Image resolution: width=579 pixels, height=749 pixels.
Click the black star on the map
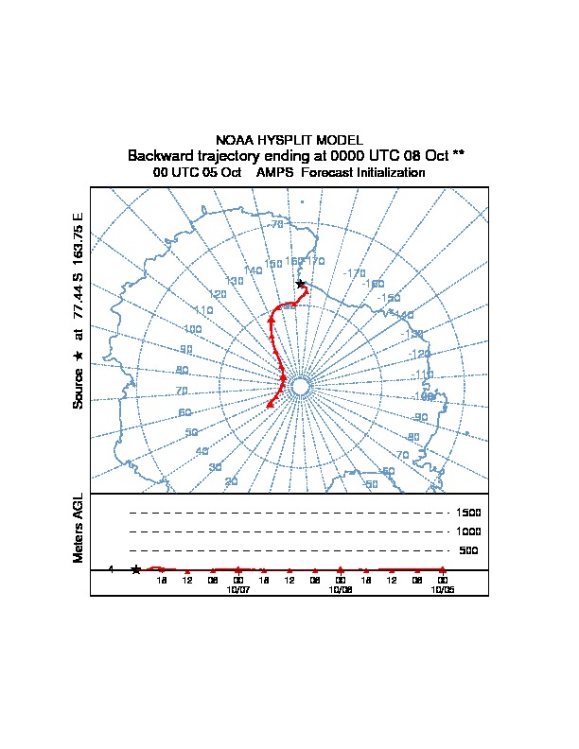pyautogui.click(x=301, y=284)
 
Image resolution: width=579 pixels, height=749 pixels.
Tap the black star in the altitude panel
pyautogui.click(x=136, y=569)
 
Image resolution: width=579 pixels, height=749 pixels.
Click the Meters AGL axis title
pyautogui.click(x=79, y=528)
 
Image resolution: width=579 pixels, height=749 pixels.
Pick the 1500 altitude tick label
pyautogui.click(x=469, y=513)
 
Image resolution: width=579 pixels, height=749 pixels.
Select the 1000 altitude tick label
pyautogui.click(x=469, y=531)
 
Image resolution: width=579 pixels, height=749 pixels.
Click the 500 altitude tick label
pyautogui.click(x=469, y=550)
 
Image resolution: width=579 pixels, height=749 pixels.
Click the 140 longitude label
pyautogui.click(x=253, y=271)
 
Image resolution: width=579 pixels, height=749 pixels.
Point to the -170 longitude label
pyautogui.click(x=355, y=273)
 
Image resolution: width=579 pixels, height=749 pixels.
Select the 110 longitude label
pyautogui.click(x=203, y=310)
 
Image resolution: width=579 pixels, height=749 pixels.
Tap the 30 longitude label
pyautogui.click(x=216, y=468)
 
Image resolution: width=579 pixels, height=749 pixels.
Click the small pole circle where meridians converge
pyautogui.click(x=301, y=387)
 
